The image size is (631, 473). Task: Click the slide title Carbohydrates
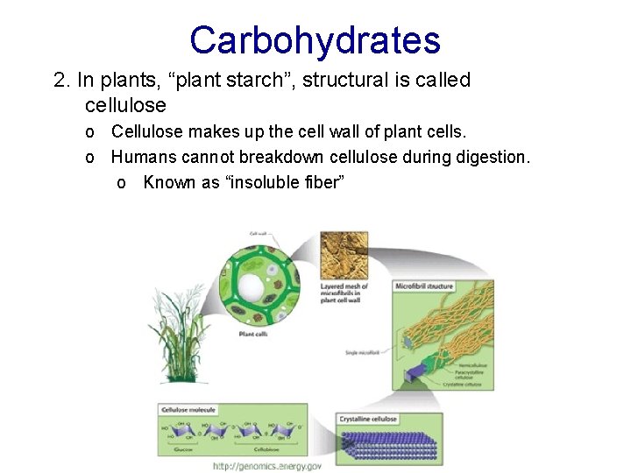click(x=315, y=40)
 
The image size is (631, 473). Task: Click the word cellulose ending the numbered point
click(x=125, y=105)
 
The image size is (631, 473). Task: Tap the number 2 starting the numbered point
click(x=60, y=81)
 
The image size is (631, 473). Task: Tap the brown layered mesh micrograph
click(x=344, y=255)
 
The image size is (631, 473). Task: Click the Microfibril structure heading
click(x=423, y=286)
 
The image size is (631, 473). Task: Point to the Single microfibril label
click(x=362, y=351)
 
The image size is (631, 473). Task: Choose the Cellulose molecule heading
click(x=188, y=409)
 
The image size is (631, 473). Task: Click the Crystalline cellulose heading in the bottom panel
click(x=368, y=419)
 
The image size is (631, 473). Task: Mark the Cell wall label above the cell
click(x=259, y=234)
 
